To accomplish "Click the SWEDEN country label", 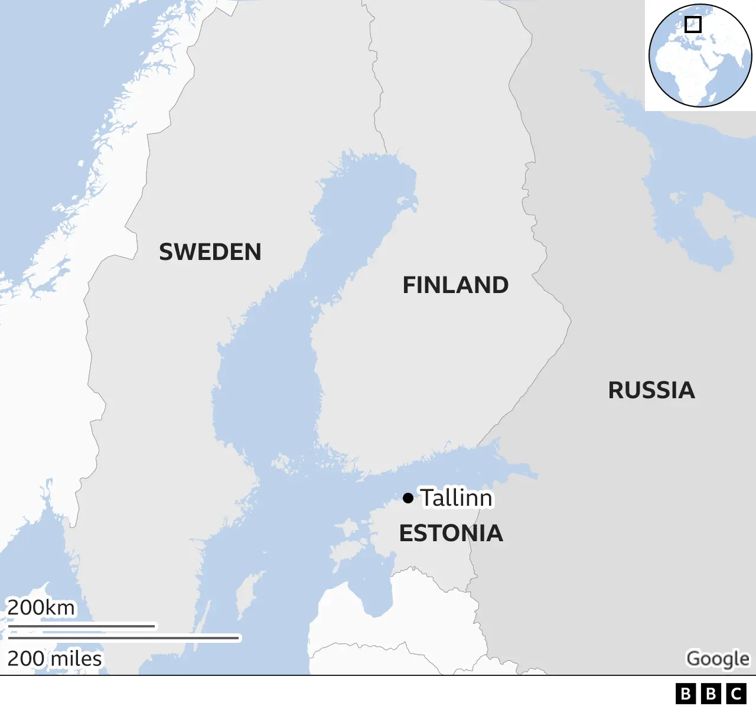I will pos(210,252).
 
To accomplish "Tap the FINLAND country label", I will pos(455,285).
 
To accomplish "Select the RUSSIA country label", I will pos(651,391).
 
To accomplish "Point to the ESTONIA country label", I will pos(451,534).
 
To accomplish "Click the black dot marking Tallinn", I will pos(408,498).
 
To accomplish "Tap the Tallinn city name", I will pos(457,498).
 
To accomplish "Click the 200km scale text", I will pos(41,607).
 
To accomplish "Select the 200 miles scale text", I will pos(54,659).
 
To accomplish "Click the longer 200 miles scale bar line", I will pos(124,638).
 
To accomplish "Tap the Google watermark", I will pos(717,659).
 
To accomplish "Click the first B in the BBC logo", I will pos(686,694).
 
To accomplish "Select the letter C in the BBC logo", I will pos(737,694).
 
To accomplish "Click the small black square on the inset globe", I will pos(693,24).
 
